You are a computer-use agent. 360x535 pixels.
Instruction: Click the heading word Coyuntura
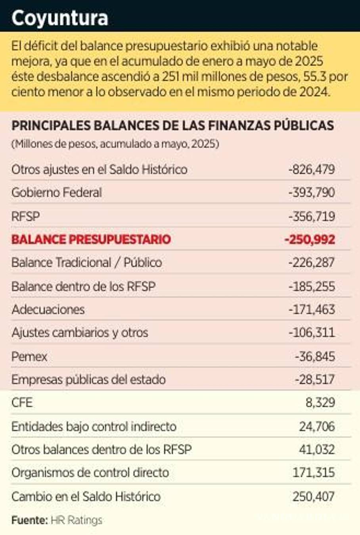click(59, 18)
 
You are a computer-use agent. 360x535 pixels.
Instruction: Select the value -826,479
click(312, 170)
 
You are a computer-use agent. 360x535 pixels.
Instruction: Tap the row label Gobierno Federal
click(57, 193)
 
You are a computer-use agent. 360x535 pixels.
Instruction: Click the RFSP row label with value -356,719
click(26, 216)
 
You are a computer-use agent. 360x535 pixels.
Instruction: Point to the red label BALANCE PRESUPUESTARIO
click(91, 239)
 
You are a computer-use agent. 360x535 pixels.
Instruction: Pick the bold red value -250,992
click(310, 239)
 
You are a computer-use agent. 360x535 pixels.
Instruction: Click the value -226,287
click(312, 262)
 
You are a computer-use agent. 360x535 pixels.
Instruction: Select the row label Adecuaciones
click(48, 309)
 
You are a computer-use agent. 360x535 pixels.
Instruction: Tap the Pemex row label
click(29, 356)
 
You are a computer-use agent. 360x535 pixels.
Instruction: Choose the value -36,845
click(315, 356)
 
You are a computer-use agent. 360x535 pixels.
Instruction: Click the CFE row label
click(22, 403)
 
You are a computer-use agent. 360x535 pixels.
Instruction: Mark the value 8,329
click(320, 403)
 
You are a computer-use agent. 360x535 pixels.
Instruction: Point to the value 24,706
click(317, 426)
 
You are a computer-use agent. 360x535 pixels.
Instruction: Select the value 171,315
click(314, 472)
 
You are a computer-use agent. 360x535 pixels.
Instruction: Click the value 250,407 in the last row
click(314, 496)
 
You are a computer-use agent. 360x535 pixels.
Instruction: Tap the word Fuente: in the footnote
click(29, 520)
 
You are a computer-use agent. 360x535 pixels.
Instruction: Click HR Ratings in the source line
click(76, 520)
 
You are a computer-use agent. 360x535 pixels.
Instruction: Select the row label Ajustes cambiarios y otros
click(80, 332)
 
